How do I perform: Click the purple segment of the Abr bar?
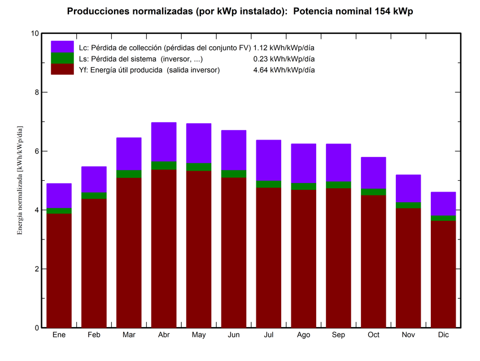tap(164, 142)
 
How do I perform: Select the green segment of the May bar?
tap(199, 167)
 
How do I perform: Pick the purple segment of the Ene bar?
tap(59, 195)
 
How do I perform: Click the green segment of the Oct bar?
tap(373, 192)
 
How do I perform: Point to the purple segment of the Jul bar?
tap(269, 160)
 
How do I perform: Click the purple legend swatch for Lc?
tap(62, 47)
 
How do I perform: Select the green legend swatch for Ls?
tap(62, 58)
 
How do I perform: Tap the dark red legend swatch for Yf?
tap(62, 69)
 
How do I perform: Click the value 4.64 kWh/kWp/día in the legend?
tap(284, 70)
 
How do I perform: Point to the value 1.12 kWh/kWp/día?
tap(284, 47)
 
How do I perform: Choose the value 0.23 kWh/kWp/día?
tap(284, 59)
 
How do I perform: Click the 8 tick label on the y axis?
tap(37, 92)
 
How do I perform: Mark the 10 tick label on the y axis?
tap(35, 33)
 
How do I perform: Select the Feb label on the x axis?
tap(94, 335)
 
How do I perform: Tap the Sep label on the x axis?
tap(338, 335)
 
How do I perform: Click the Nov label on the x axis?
tap(408, 335)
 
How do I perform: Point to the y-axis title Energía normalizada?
tap(20, 181)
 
